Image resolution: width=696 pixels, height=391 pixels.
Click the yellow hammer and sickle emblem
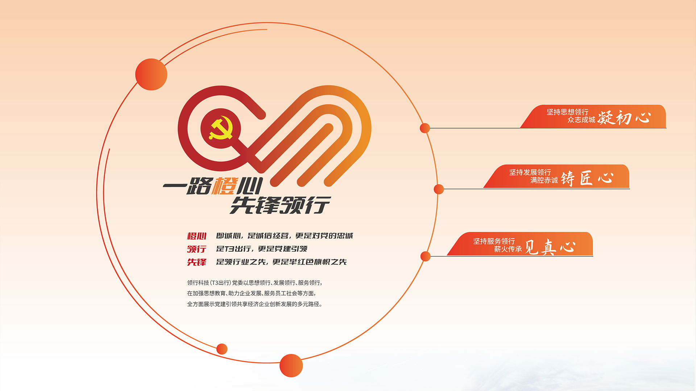coord(220,128)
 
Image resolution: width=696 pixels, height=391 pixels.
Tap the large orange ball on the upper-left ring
coord(151,74)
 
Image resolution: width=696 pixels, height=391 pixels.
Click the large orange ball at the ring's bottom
coord(291,366)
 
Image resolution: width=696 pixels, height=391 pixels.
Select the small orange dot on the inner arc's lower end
coord(222,349)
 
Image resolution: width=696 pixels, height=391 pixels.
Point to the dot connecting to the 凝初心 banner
coord(425,128)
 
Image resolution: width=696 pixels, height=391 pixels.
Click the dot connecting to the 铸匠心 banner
coord(439,189)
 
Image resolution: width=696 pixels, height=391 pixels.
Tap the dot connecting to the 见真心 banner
coord(426,256)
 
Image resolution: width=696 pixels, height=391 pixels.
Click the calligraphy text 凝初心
coord(624,118)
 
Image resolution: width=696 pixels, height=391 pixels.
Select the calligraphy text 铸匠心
coord(587,178)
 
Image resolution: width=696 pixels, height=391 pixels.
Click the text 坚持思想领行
coord(567,112)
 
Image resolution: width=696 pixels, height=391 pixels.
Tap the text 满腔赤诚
coord(544,180)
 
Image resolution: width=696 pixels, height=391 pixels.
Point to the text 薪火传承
coord(508,249)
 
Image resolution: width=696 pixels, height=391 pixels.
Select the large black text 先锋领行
coord(280,205)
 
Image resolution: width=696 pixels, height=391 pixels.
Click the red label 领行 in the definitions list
coord(196,249)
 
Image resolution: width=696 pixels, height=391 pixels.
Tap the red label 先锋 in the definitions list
coord(196,262)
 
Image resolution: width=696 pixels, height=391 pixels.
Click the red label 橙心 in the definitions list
coord(196,236)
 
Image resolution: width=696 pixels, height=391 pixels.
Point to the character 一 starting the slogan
coord(174,186)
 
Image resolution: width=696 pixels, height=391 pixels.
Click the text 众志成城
coord(581,120)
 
